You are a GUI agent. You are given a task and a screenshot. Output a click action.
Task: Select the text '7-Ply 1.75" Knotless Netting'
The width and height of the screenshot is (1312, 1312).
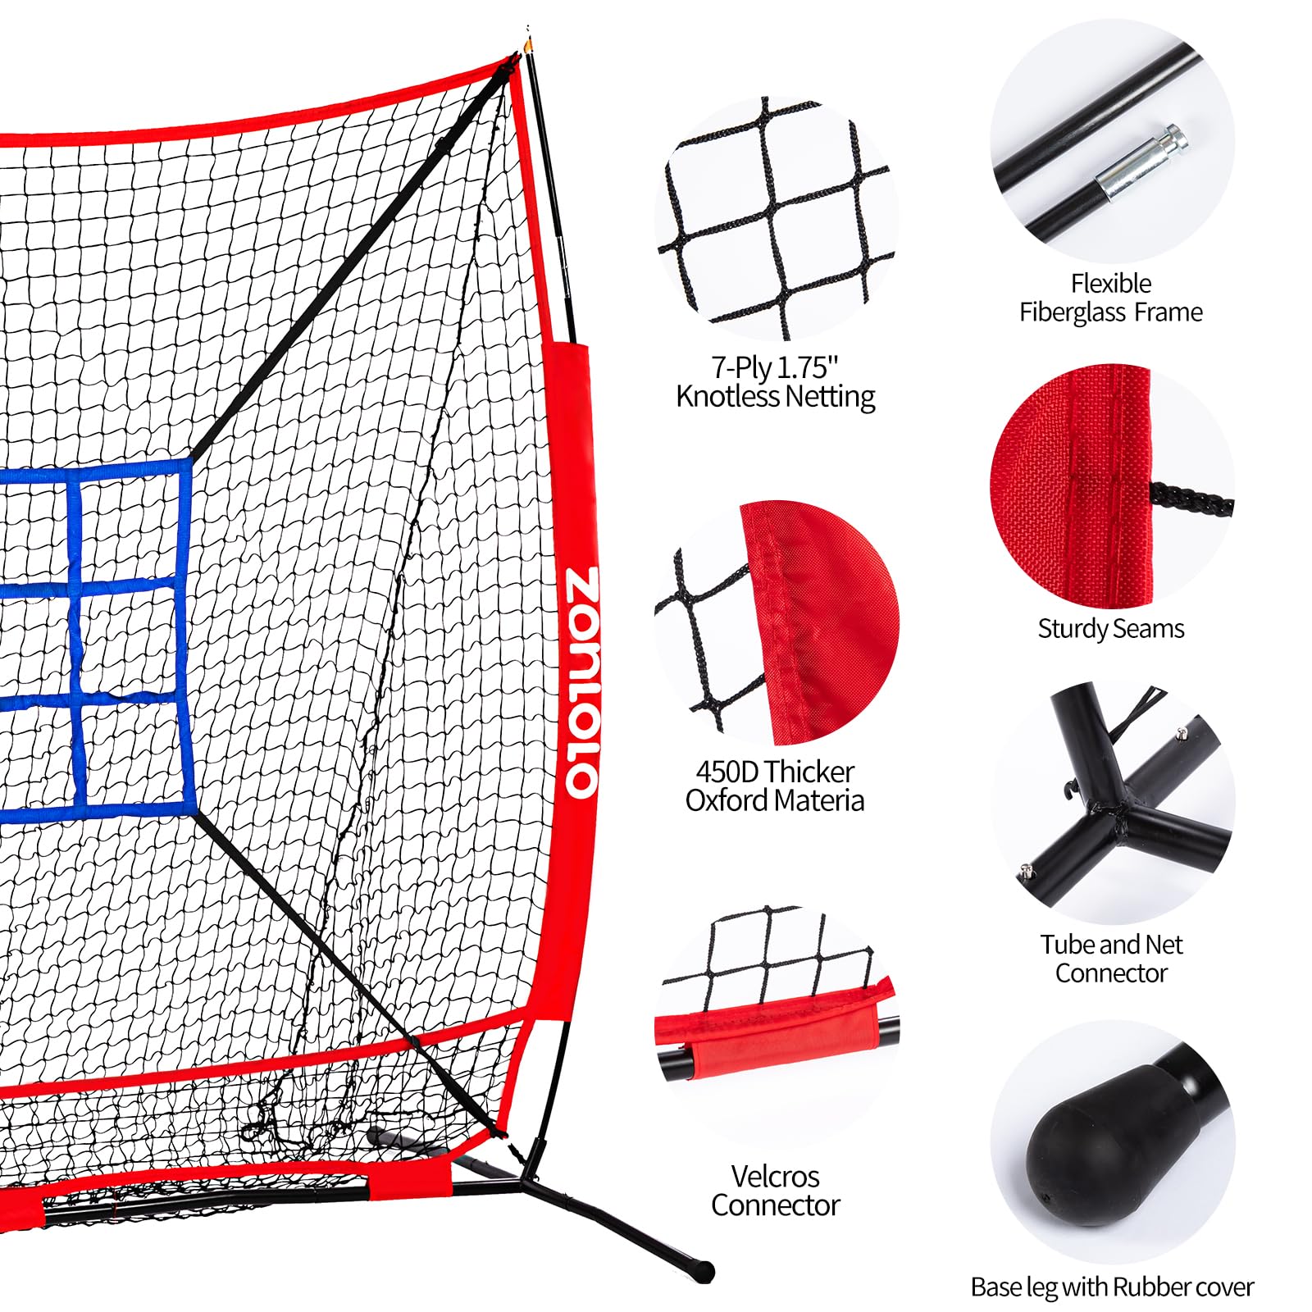point(775,381)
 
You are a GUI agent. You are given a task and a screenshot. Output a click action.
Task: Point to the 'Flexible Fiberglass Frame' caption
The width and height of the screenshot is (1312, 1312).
point(1111,298)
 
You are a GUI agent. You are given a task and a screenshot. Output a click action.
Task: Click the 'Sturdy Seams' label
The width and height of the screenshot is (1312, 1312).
point(1111,629)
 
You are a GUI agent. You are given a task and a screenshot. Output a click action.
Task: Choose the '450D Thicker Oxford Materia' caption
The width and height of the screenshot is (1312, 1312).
point(775,786)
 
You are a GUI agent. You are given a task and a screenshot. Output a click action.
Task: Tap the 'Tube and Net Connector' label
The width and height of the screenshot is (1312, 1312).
point(1111,959)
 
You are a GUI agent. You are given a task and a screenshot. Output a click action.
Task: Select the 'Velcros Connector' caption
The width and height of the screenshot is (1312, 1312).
point(775,1191)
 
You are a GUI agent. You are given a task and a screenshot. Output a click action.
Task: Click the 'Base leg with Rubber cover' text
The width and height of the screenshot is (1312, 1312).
point(1112,1287)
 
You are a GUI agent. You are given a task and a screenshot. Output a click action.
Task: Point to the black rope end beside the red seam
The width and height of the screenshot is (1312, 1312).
point(1191,500)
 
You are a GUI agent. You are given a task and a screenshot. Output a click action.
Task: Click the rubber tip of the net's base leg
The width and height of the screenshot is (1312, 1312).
point(704,1272)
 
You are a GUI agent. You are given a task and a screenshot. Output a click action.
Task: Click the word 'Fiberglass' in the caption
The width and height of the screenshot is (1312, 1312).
point(1070,312)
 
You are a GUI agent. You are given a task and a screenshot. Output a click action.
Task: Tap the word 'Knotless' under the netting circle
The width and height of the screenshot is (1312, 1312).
point(727,397)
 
